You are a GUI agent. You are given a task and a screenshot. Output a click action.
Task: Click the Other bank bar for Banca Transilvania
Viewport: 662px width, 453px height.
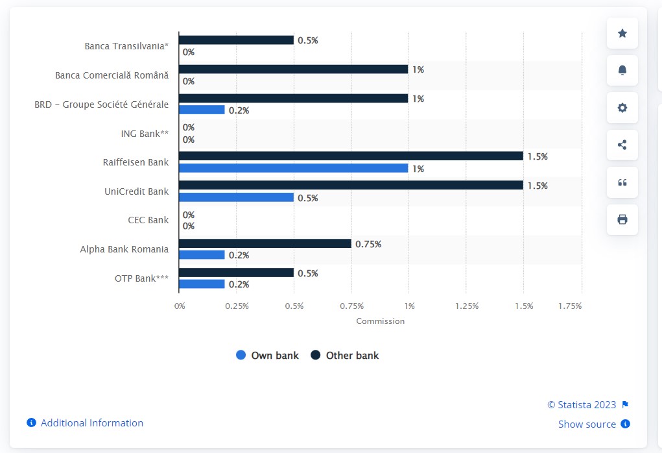(236, 40)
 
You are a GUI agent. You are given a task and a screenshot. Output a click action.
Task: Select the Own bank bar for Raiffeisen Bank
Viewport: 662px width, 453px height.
(293, 168)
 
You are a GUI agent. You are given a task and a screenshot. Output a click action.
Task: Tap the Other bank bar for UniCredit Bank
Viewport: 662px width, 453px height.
(351, 186)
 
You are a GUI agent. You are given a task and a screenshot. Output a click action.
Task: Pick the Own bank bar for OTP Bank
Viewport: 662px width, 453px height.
(202, 284)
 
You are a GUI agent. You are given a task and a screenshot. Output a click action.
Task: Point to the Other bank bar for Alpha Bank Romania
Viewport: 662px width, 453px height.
(265, 243)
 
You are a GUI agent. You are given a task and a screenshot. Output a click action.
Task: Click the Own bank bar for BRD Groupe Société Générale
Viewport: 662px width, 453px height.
(202, 110)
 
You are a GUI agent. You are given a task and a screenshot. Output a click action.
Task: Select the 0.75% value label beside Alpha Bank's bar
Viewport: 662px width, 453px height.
(368, 244)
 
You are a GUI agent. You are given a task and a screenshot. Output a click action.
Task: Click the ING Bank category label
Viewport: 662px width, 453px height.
(145, 134)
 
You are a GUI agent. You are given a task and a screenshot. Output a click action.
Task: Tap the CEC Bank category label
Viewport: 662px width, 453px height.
(148, 220)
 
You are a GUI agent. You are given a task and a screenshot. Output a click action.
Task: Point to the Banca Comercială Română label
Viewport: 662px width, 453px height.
(112, 75)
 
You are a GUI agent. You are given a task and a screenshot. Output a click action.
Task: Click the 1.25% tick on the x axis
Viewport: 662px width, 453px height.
(467, 306)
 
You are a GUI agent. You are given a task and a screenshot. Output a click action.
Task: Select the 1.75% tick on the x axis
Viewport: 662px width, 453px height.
(570, 306)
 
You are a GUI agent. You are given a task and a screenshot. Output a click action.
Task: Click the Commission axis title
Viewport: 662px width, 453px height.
(380, 321)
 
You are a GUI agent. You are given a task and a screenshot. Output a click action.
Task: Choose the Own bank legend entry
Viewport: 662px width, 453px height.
(268, 355)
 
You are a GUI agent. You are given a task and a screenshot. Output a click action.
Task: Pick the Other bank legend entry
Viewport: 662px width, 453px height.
(345, 355)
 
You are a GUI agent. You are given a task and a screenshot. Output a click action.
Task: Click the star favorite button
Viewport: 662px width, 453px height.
(622, 33)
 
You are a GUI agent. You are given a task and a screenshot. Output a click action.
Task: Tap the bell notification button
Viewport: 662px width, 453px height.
(622, 70)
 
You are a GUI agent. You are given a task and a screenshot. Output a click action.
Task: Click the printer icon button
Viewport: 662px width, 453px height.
(622, 219)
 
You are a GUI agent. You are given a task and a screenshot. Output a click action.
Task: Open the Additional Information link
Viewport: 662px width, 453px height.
(91, 422)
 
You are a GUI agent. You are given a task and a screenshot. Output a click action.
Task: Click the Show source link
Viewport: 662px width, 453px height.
(587, 424)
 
